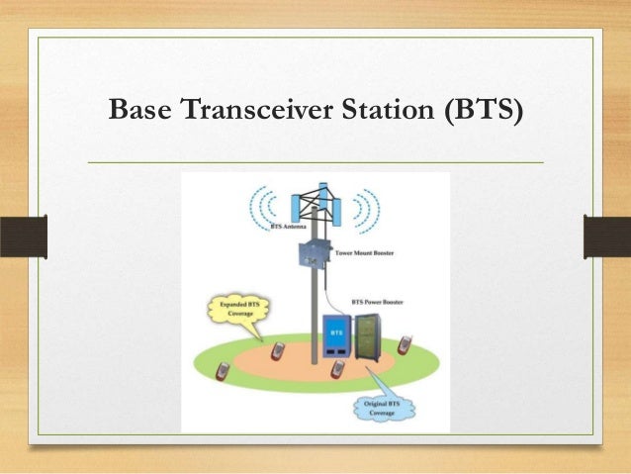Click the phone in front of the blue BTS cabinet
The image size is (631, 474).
point(337,369)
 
